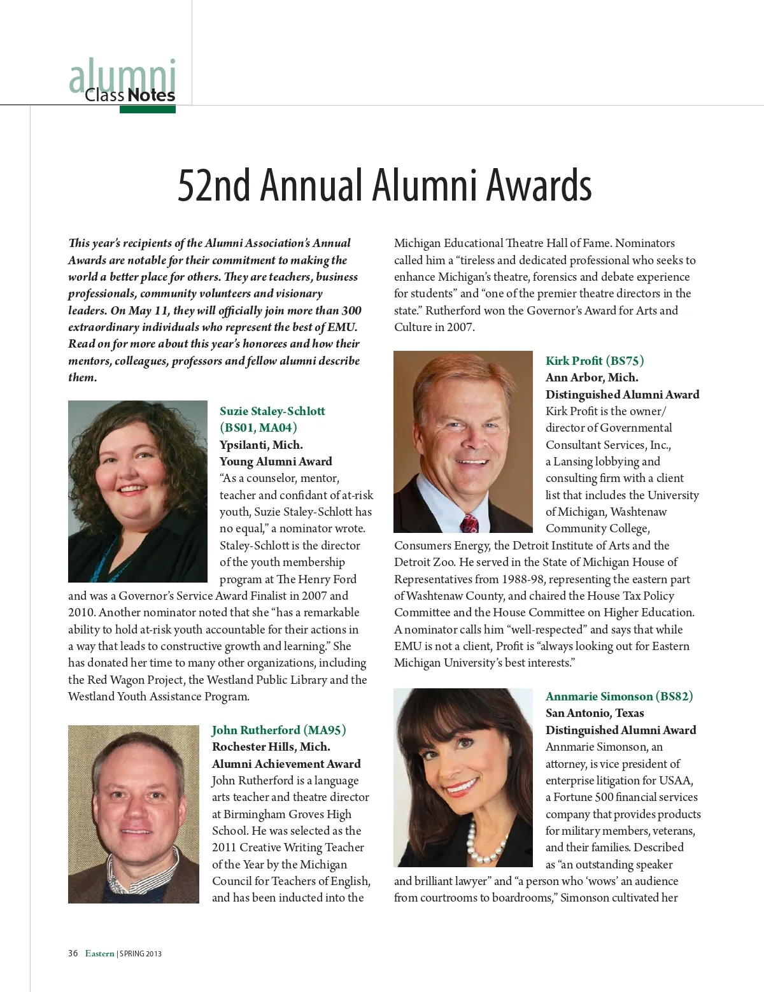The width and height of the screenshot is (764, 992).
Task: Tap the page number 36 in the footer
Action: (73, 953)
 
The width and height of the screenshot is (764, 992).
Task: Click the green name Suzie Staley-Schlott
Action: (272, 411)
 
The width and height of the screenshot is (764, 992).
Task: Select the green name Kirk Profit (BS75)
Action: (594, 361)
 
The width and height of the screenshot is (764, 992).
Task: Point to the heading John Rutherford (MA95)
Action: (279, 730)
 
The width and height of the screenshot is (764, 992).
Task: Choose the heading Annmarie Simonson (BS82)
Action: (619, 697)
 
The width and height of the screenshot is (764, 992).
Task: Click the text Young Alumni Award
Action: (276, 462)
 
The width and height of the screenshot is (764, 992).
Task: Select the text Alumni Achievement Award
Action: (286, 764)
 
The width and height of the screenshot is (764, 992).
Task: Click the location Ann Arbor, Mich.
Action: (591, 378)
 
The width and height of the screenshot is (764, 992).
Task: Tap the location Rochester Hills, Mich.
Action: (271, 747)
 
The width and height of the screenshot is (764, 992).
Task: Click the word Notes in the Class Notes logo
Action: (152, 96)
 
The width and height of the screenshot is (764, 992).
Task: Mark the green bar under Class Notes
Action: (147, 110)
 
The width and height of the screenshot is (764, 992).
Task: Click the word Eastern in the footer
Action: (100, 953)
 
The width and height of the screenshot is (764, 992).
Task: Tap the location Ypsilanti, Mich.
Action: (261, 445)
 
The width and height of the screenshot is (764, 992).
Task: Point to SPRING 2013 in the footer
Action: (141, 954)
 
